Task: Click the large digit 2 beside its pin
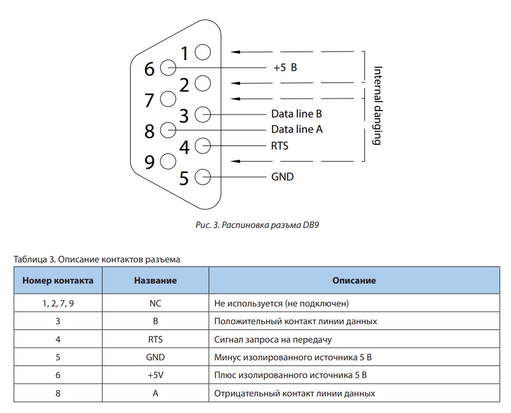[184, 85]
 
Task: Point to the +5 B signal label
[285, 68]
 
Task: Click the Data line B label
[297, 114]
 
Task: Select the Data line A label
[297, 129]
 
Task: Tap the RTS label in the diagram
[280, 145]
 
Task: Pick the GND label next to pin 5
[282, 176]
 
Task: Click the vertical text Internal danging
[378, 105]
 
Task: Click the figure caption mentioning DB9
[257, 225]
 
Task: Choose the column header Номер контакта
[58, 281]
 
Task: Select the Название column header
[155, 281]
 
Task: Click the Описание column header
[354, 281]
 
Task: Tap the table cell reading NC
[155, 304]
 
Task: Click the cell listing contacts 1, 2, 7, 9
[58, 304]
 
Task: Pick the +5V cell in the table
[155, 375]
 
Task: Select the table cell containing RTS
[155, 340]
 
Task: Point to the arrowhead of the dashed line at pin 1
[235, 52]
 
